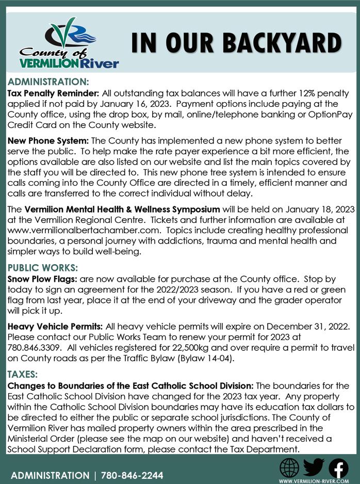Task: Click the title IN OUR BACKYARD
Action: (x=236, y=44)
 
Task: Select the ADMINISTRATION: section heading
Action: (x=49, y=82)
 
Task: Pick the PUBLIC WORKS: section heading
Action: (x=43, y=268)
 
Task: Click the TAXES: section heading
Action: (x=23, y=374)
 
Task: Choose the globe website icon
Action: (x=289, y=467)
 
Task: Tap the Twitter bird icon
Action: (x=314, y=467)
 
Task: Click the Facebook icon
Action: (x=338, y=467)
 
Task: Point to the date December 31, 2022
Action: (x=307, y=326)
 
